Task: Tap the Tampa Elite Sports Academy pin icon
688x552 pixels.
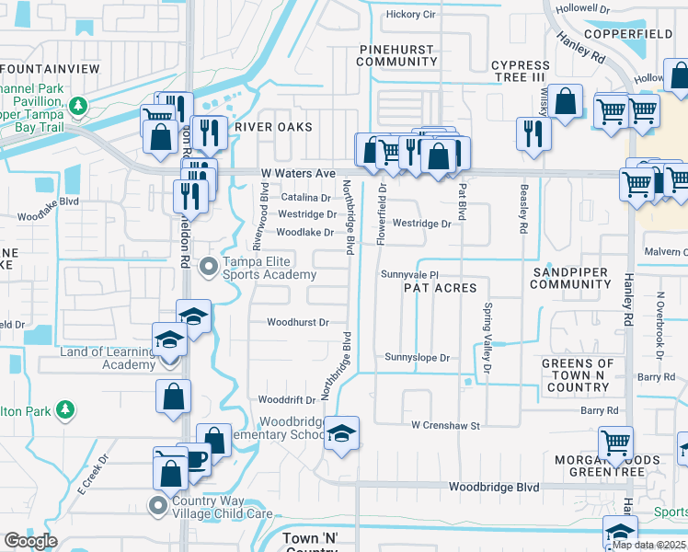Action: coord(210,267)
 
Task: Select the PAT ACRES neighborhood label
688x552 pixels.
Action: coord(441,288)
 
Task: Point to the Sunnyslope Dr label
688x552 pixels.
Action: coord(417,358)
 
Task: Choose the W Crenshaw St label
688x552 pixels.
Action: coord(446,426)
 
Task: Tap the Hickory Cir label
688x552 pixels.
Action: coord(410,15)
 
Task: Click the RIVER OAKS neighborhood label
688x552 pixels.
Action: coord(273,127)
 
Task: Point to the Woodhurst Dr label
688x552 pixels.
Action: coord(298,323)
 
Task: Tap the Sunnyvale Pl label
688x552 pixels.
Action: coord(412,274)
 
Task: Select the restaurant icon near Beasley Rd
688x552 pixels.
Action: coord(533,133)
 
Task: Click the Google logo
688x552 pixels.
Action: coord(31,541)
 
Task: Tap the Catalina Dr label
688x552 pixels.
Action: coord(305,198)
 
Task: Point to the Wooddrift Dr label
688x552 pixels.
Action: coord(287,400)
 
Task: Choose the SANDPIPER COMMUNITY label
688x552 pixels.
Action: coord(570,277)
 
